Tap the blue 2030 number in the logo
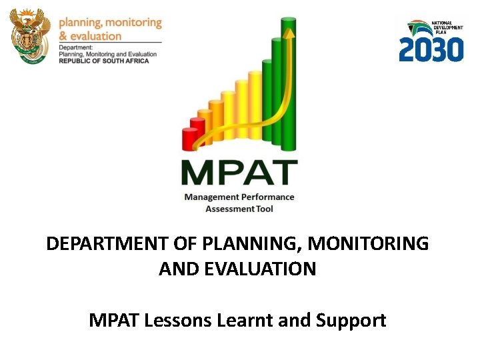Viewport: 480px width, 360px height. [x=431, y=49]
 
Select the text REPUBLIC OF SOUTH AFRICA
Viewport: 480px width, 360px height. [x=103, y=61]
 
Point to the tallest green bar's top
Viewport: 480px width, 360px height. [x=289, y=21]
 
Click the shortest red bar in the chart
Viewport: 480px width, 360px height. [x=189, y=139]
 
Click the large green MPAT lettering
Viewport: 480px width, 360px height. [x=239, y=173]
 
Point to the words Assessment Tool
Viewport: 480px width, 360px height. [x=239, y=209]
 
